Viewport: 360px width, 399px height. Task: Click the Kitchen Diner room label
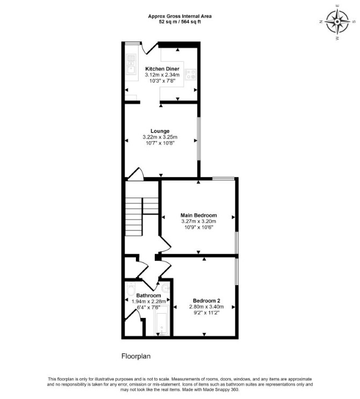point(162,69)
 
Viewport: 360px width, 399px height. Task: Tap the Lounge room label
point(160,131)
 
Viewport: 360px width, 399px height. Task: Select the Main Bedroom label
point(199,215)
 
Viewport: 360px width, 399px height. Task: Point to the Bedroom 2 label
point(206,301)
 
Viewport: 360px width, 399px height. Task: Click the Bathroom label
point(148,295)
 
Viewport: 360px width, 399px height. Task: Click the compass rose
point(337,22)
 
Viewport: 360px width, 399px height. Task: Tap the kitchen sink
point(131,65)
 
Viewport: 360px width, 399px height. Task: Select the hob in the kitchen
point(191,75)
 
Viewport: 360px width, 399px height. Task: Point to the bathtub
point(161,321)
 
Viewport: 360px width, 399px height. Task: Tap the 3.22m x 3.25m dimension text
point(160,137)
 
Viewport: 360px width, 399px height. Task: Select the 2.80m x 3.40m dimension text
point(206,307)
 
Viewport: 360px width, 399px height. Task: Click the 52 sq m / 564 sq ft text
point(180,22)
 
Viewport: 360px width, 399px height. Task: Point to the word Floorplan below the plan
point(136,356)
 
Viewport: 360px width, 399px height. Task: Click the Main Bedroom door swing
point(165,244)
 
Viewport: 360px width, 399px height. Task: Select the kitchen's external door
point(150,48)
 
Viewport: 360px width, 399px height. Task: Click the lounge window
point(199,139)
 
